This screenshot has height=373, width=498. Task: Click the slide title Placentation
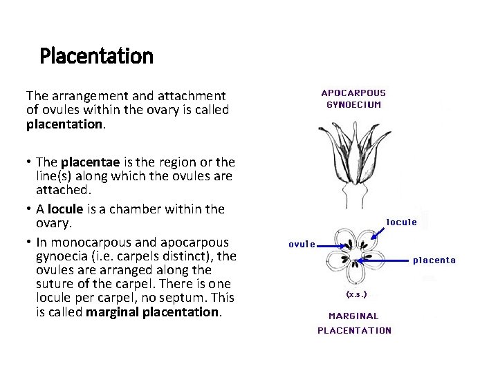coord(96,55)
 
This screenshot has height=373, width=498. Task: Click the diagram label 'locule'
coord(401,222)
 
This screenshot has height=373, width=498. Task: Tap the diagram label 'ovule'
coord(302,244)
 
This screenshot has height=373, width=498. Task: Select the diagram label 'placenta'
coord(434,260)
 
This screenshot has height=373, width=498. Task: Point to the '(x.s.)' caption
coord(356,294)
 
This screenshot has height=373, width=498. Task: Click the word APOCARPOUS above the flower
coord(353,93)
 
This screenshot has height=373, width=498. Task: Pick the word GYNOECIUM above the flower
coord(353,105)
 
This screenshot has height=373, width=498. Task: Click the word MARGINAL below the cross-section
coord(353,316)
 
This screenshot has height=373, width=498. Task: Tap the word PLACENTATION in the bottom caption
coord(354,330)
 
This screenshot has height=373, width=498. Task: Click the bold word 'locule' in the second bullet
coord(64,209)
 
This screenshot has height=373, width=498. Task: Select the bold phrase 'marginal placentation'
coord(152,312)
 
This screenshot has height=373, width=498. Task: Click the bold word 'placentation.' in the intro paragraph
coord(66,124)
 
